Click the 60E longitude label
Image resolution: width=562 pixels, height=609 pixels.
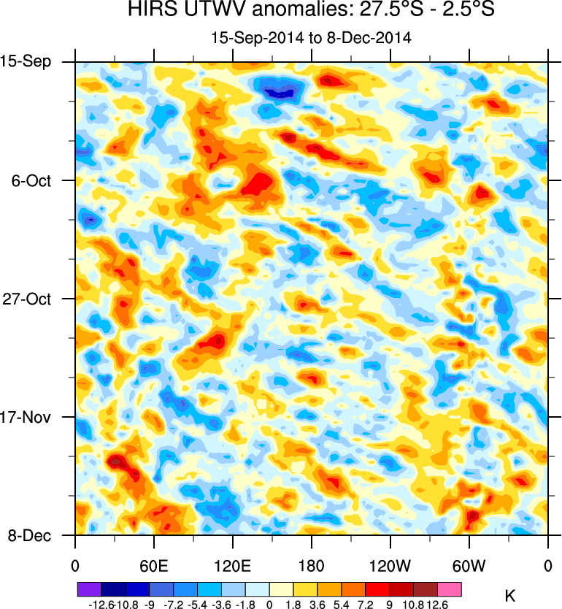coord(154,565)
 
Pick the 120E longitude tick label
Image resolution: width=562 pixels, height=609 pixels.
coord(233,565)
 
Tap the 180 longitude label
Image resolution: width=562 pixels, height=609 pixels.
coord(312,565)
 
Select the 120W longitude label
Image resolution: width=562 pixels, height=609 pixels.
coord(390,565)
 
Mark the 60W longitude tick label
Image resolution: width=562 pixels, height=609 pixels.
coord(469,565)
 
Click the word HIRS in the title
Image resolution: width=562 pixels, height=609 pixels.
coord(149,11)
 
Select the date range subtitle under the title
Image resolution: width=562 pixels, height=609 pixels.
coord(312,37)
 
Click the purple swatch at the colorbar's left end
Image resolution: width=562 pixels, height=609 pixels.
coord(89,589)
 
